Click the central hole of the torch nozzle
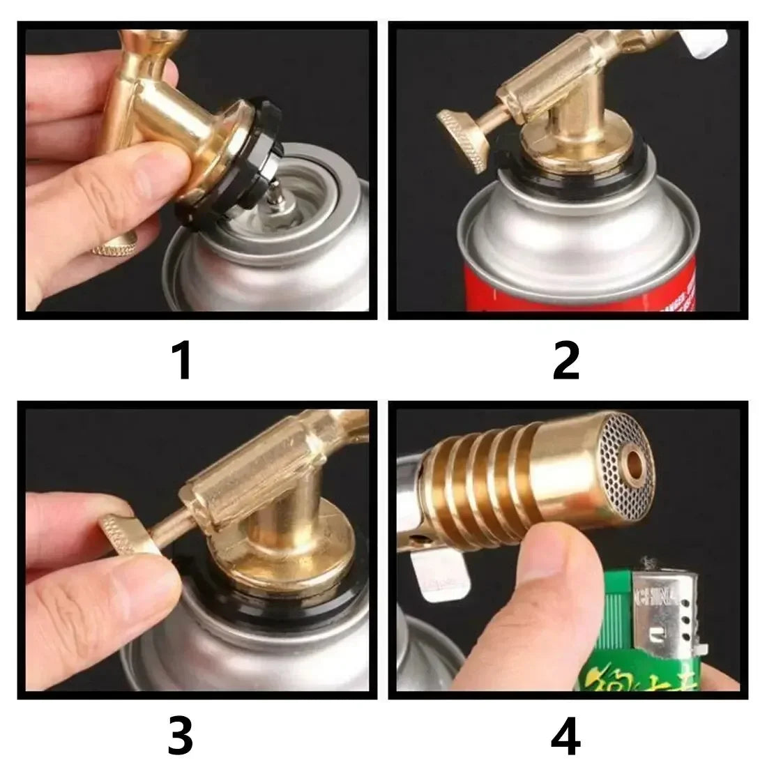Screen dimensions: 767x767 click(x=636, y=461)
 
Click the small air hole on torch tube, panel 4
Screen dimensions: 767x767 click(x=420, y=539)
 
